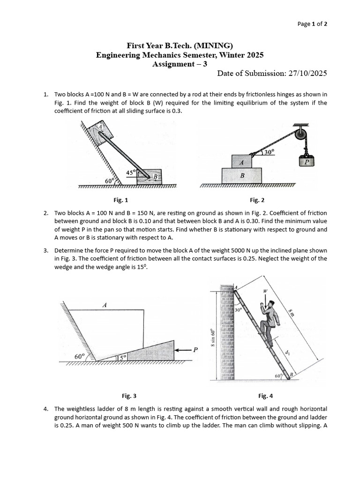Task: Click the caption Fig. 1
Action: (120, 200)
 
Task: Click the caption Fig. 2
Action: (257, 200)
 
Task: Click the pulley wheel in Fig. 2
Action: (302, 136)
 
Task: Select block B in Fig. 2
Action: (242, 176)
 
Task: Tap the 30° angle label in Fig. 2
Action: (269, 152)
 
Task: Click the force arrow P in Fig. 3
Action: (187, 350)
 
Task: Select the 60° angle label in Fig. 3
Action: (80, 356)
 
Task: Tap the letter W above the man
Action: (265, 291)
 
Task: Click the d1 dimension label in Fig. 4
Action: (287, 352)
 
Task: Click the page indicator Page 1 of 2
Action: (313, 24)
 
